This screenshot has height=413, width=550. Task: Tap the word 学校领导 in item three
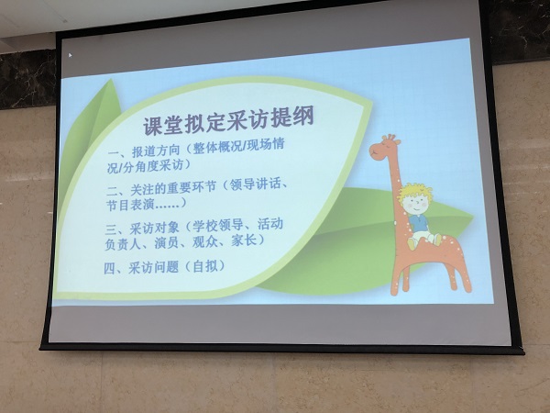tap(220, 223)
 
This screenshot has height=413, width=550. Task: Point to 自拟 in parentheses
tap(207, 267)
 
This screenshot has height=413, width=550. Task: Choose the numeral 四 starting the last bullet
tap(112, 268)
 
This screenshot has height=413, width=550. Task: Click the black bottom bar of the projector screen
tap(275, 348)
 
